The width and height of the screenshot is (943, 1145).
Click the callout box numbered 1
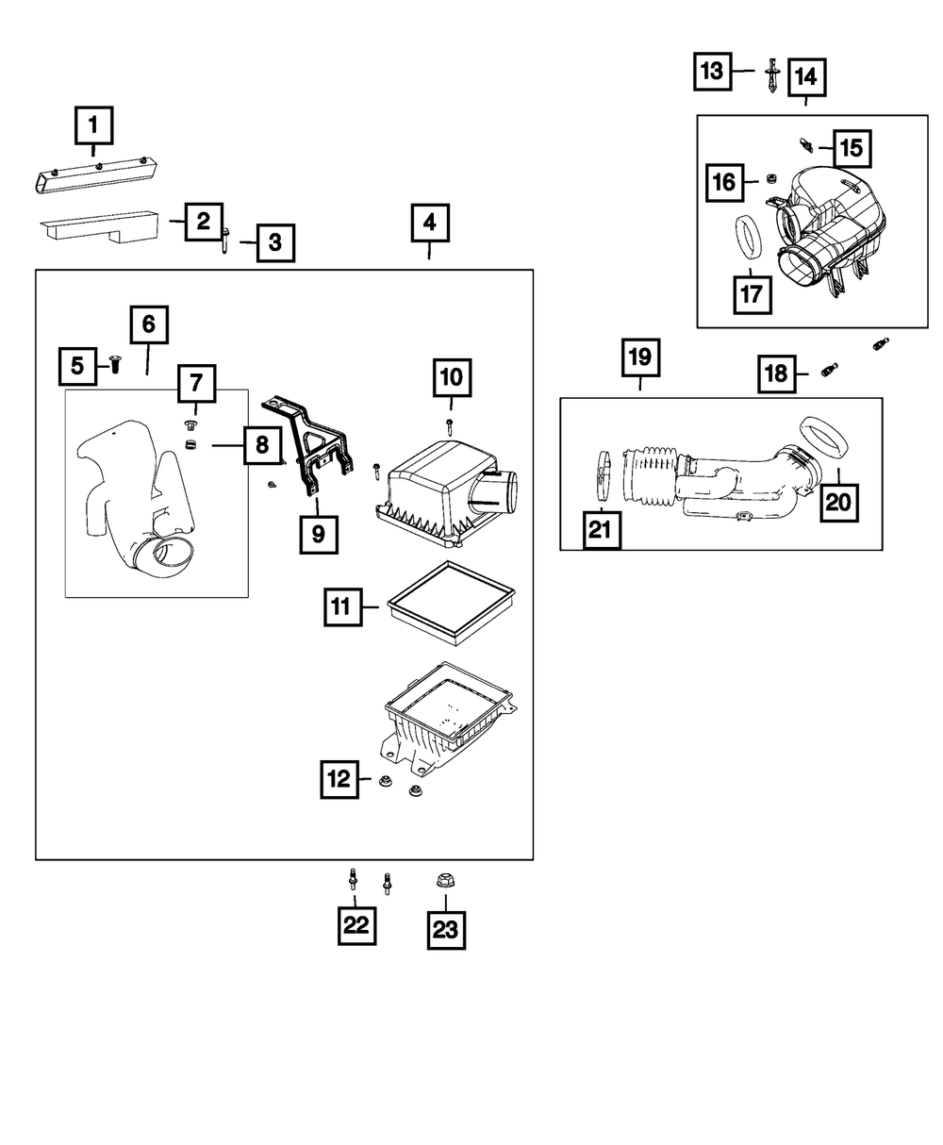click(x=93, y=124)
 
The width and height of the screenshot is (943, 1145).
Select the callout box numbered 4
click(x=429, y=224)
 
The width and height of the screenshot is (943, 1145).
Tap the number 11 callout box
click(x=344, y=606)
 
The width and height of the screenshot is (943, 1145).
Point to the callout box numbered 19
click(x=640, y=357)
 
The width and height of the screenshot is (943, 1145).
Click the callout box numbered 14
click(x=806, y=76)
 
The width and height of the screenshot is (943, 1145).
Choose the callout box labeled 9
click(x=318, y=534)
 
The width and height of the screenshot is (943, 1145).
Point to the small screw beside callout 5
click(x=114, y=363)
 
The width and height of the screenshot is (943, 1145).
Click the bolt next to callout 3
click(x=227, y=241)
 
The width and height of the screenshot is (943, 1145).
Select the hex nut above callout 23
click(x=442, y=881)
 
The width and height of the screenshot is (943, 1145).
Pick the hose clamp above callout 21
click(x=604, y=474)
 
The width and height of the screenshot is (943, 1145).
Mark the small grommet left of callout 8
click(x=190, y=444)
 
